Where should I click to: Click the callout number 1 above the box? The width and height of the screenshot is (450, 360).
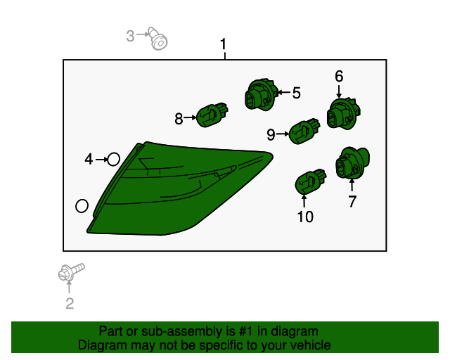click(224, 44)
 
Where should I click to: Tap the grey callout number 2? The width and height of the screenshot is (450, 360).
click(70, 304)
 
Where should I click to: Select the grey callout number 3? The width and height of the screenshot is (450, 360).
click(130, 36)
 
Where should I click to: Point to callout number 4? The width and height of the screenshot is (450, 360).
click(89, 160)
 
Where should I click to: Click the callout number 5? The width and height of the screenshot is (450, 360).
click(297, 93)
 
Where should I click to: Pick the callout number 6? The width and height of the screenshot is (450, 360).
click(339, 77)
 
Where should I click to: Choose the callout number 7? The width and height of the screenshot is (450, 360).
click(352, 201)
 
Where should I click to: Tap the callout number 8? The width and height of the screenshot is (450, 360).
click(179, 119)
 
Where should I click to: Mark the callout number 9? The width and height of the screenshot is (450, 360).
click(271, 134)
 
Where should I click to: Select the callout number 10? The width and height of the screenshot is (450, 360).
click(305, 217)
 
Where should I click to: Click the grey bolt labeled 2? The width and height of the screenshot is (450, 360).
click(71, 272)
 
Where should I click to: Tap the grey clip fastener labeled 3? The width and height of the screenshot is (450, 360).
click(157, 39)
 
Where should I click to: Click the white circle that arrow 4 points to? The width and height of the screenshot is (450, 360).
click(113, 160)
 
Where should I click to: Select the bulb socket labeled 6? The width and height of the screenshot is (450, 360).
click(344, 113)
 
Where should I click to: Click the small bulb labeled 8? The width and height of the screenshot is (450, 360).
click(212, 115)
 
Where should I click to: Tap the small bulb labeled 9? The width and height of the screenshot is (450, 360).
click(304, 131)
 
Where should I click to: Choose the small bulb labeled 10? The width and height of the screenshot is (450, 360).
click(311, 181)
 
